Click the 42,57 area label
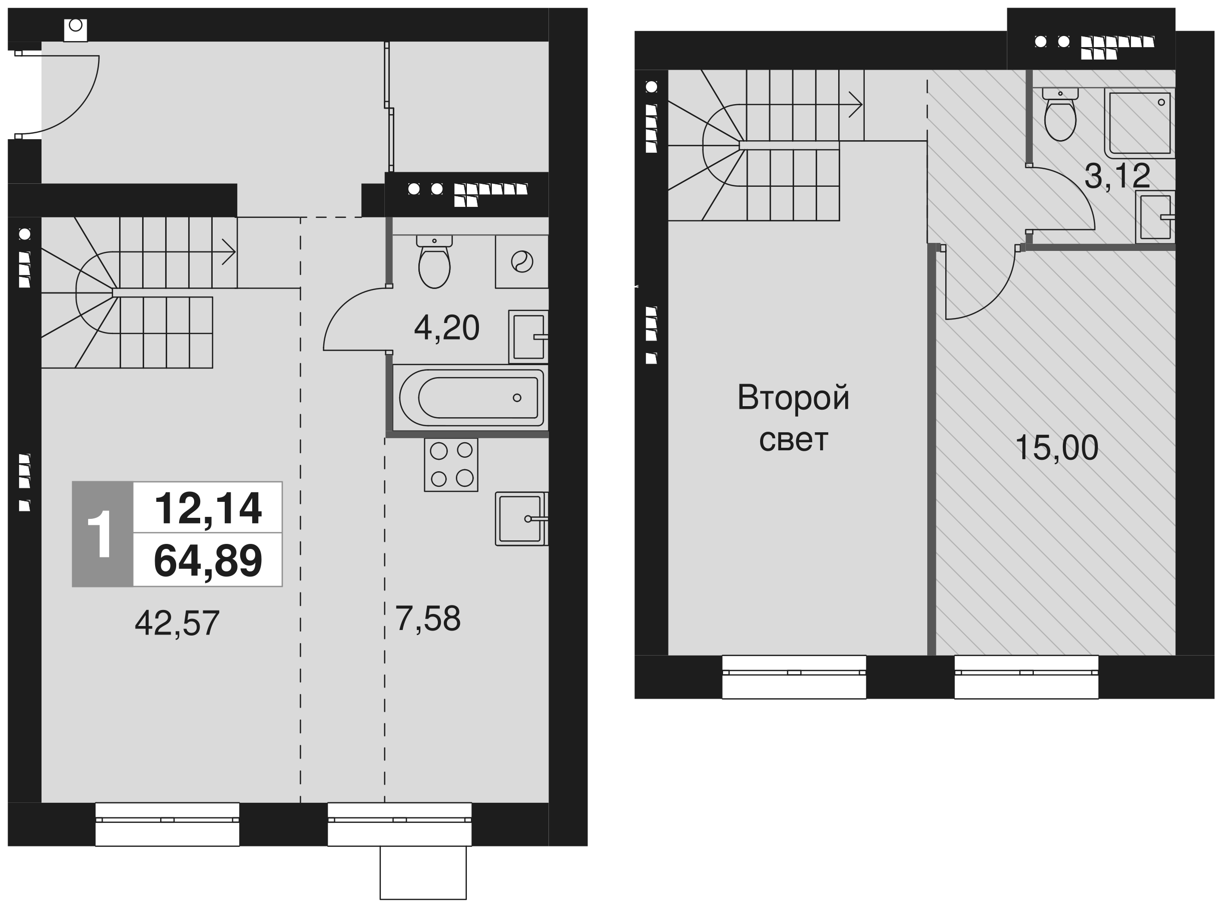click(x=177, y=623)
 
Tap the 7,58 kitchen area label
click(x=427, y=619)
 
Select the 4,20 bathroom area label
click(x=447, y=328)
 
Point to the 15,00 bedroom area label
click(x=1056, y=447)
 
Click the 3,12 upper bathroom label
click(x=1117, y=176)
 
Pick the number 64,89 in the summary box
click(x=208, y=561)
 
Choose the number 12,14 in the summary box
click(x=208, y=508)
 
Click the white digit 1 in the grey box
click(x=101, y=534)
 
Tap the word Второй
click(x=793, y=398)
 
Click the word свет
click(x=793, y=440)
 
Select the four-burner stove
click(x=451, y=465)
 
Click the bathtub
click(x=471, y=398)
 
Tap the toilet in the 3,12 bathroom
click(x=1060, y=114)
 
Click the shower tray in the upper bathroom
click(x=1140, y=123)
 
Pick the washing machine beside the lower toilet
click(x=521, y=261)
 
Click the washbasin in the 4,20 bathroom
click(x=528, y=337)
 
